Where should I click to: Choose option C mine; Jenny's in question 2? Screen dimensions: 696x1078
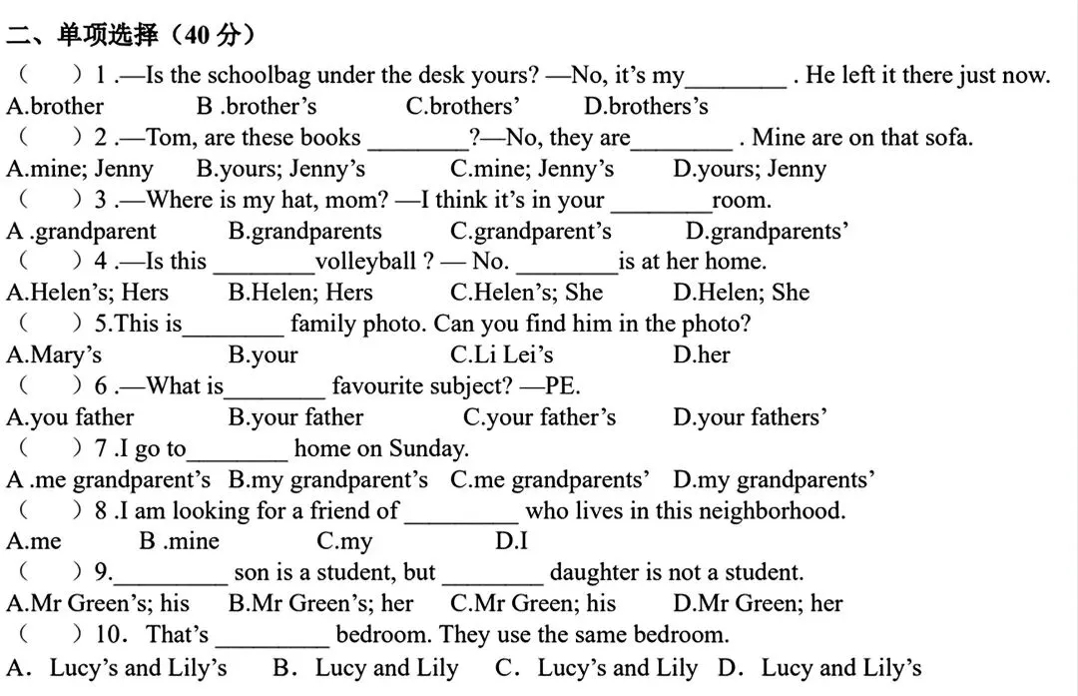531,169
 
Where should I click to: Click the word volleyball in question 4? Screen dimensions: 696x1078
364,262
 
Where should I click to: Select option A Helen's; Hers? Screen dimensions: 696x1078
87,294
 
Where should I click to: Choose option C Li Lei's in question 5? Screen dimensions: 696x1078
501,355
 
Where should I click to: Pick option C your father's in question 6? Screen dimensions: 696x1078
539,417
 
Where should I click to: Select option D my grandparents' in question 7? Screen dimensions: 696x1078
774,480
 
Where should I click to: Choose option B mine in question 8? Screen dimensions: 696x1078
180,542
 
